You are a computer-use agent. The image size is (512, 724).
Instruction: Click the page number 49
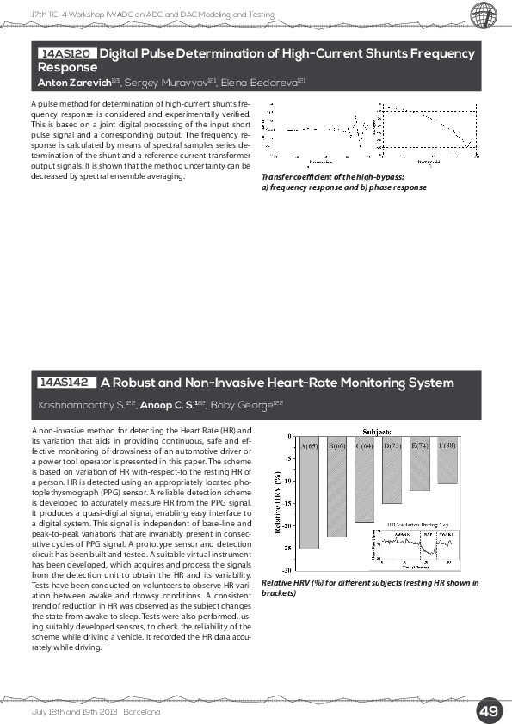pyautogui.click(x=489, y=711)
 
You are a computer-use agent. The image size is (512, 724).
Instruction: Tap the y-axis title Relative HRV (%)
pyautogui.click(x=278, y=501)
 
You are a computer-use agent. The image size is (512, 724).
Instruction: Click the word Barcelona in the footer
pyautogui.click(x=143, y=712)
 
